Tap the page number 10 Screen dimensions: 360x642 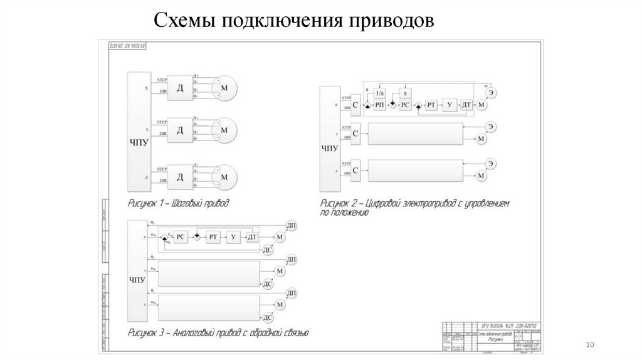pos(589,344)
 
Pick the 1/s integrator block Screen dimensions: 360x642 pos(379,93)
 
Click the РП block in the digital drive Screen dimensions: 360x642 pos(380,105)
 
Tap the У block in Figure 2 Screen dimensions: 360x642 pos(450,105)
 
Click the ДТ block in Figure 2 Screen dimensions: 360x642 pos(466,105)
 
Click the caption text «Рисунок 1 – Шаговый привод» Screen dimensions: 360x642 pos(179,203)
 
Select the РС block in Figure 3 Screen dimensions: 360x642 pos(181,236)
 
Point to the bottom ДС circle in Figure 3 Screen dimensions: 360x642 pos(267,319)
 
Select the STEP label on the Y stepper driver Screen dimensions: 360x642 pos(162,122)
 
